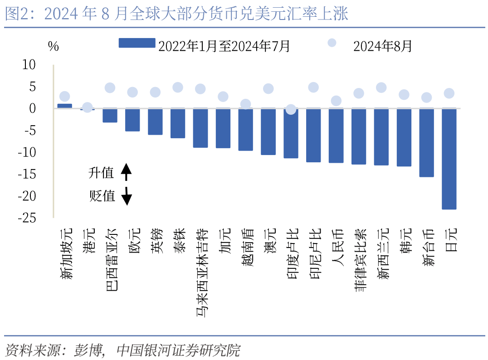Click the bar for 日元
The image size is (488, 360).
click(x=449, y=159)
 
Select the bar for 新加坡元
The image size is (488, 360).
click(x=64, y=106)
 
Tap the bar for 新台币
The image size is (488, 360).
click(x=426, y=142)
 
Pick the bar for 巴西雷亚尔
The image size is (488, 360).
click(x=110, y=115)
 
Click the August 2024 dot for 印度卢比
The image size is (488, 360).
click(x=291, y=109)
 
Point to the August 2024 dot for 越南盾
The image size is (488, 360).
click(x=245, y=104)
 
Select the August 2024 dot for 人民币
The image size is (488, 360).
click(x=336, y=101)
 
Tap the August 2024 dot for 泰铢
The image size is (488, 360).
click(x=178, y=88)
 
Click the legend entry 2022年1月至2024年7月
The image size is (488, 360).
click(x=204, y=45)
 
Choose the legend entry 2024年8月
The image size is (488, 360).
click(x=370, y=45)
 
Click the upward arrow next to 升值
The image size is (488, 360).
click(x=127, y=172)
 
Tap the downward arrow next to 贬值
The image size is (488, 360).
click(x=127, y=196)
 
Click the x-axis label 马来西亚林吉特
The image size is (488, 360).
click(x=201, y=272)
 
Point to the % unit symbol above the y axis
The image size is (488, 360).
click(x=53, y=47)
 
